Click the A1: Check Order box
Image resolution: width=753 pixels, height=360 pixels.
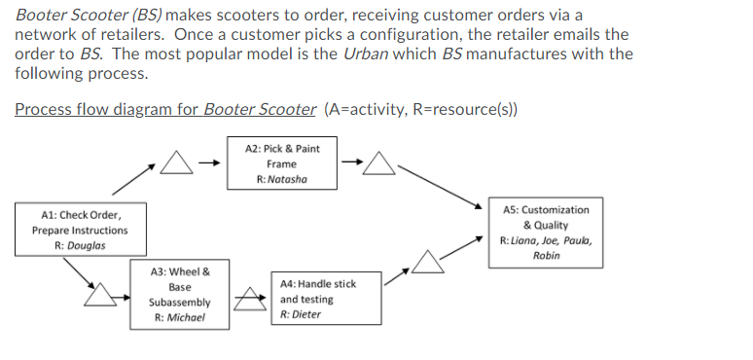pos(79,230)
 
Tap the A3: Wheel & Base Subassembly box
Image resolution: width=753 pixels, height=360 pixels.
pos(179,295)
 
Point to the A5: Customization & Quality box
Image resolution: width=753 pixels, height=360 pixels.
pos(545,233)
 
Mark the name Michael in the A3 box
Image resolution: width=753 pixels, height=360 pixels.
pos(180,317)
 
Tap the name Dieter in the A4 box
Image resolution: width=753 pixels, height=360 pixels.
pos(301,315)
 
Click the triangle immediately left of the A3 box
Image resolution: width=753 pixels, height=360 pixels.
pos(99,294)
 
